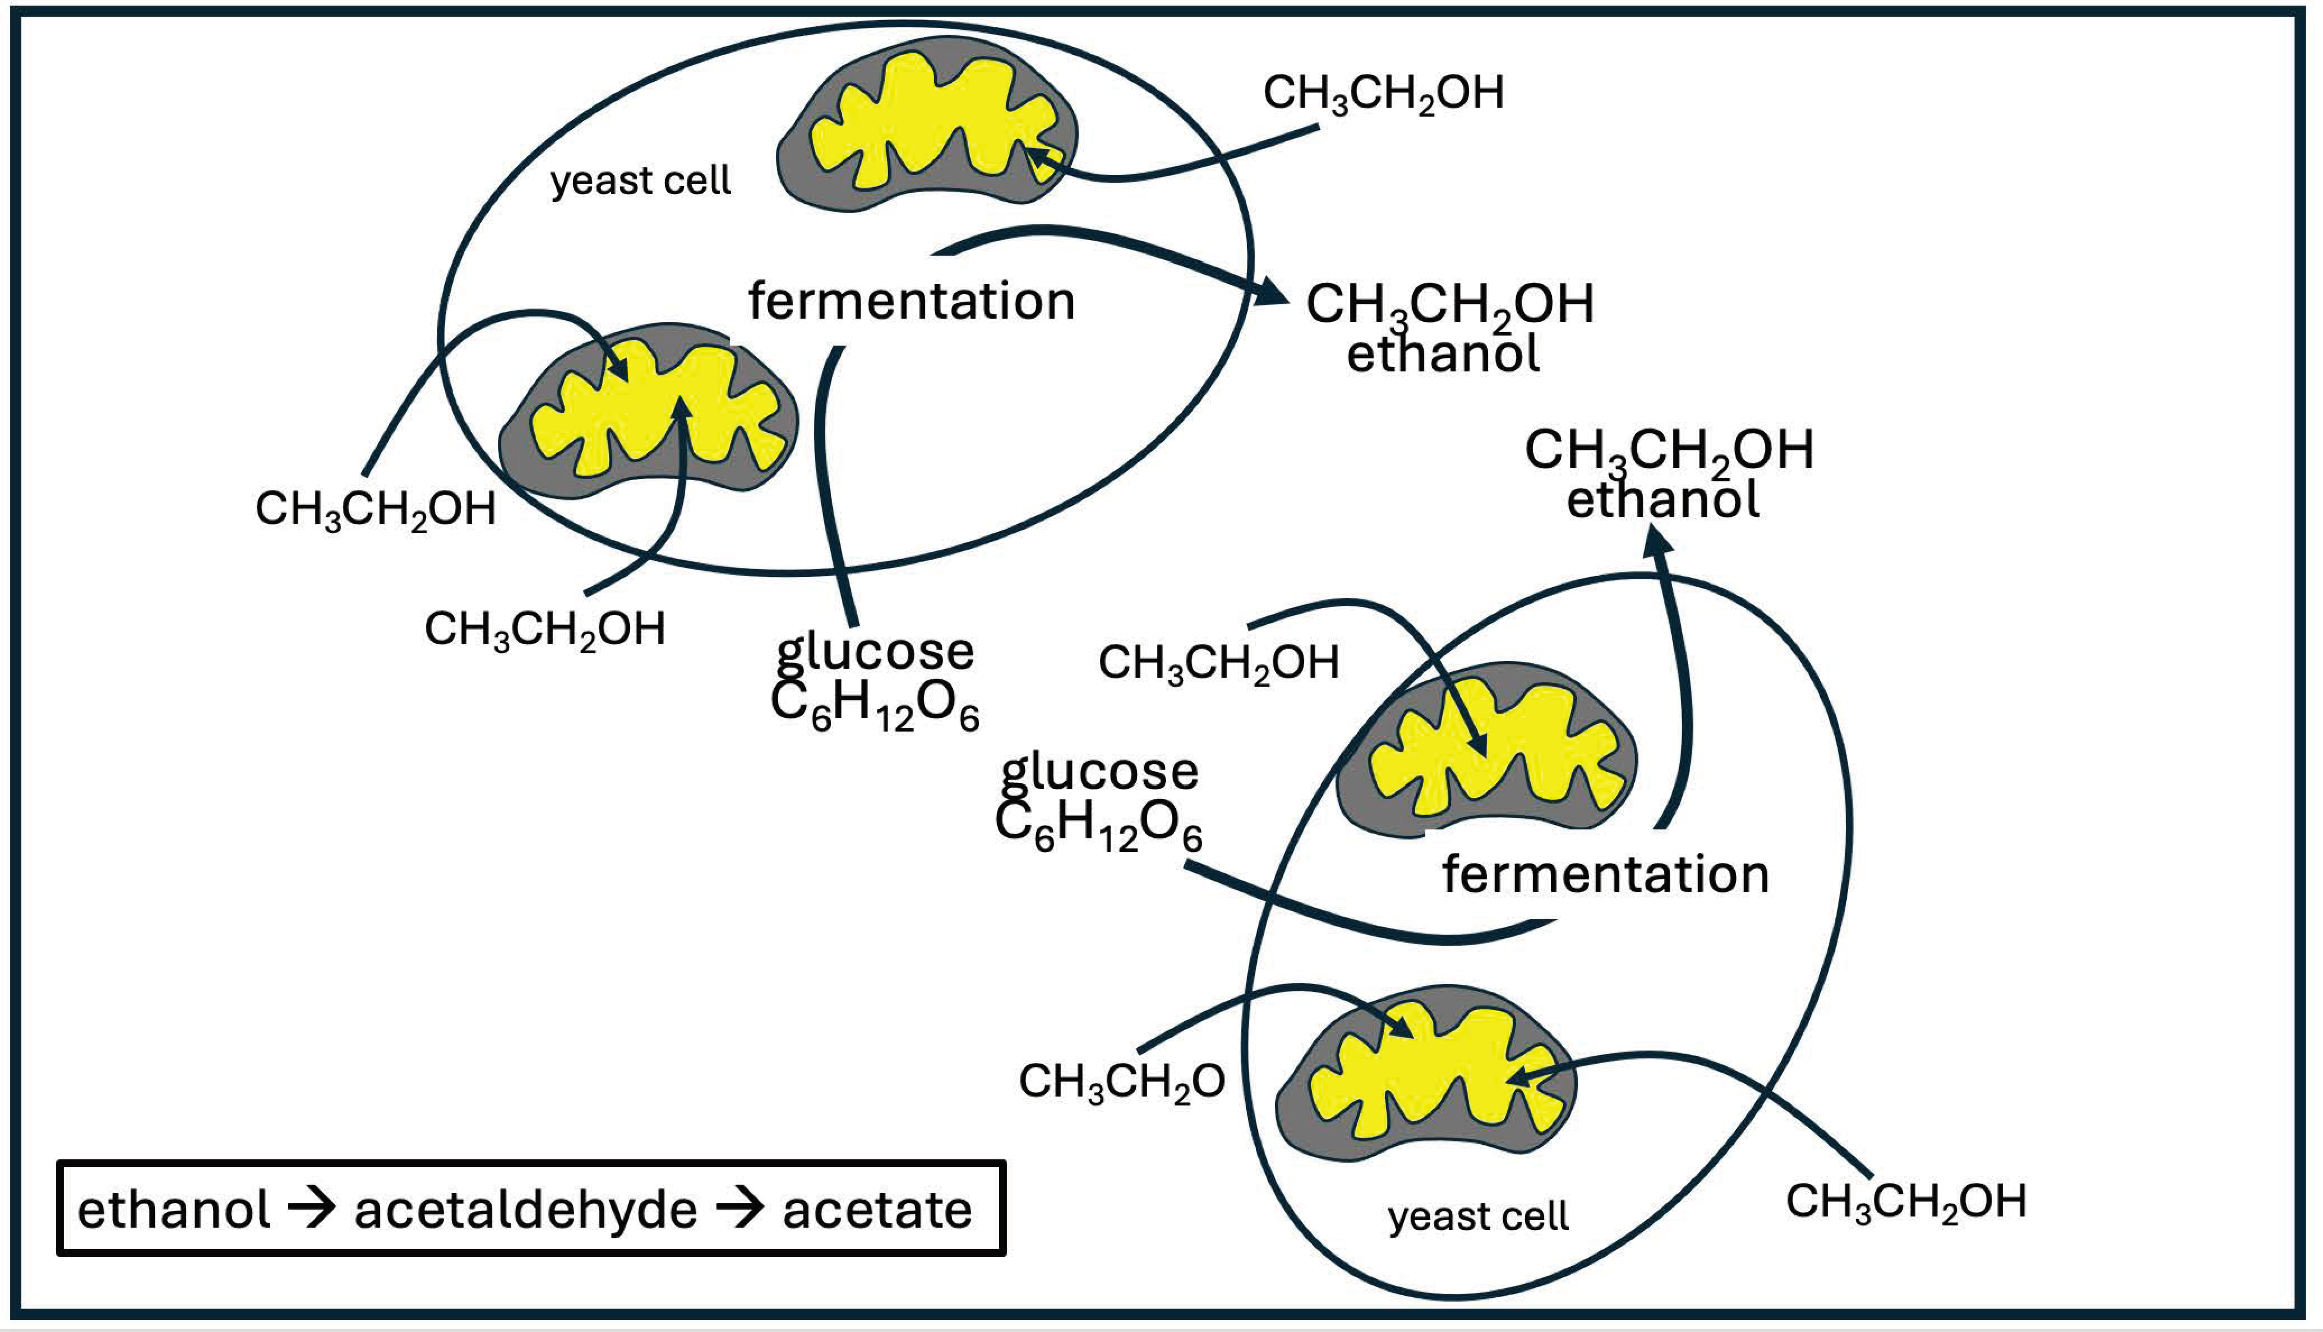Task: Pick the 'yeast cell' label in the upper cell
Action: point(640,181)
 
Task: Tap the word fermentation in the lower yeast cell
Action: point(1606,874)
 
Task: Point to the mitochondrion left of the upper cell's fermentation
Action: point(648,412)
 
